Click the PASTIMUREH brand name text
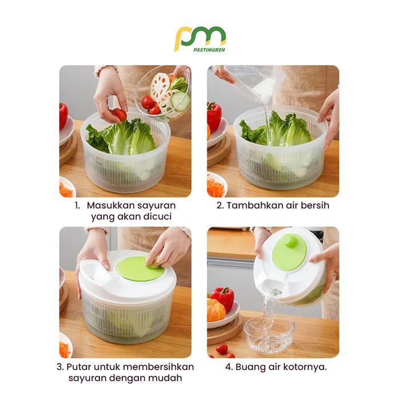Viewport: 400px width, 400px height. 209,50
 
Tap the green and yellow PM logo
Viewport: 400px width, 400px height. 200,39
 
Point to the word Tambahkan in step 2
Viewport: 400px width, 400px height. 255,205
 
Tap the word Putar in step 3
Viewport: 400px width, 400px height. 79,367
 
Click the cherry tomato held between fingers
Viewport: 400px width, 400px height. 119,114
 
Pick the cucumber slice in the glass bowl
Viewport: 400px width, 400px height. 181,100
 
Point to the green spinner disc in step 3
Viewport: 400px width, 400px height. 139,268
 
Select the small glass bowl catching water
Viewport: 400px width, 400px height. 269,334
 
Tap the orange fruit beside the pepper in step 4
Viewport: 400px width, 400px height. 216,310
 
